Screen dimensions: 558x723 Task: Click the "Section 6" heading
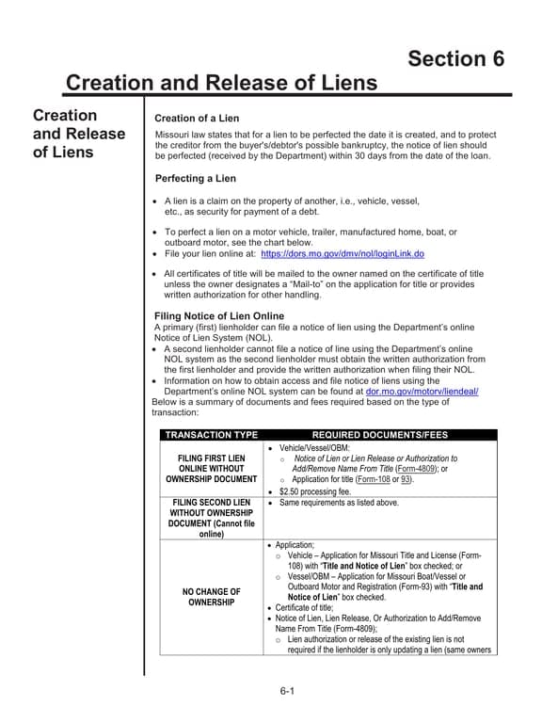click(x=455, y=58)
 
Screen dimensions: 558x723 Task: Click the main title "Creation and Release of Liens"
click(x=221, y=83)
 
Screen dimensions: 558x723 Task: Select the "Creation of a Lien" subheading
click(x=197, y=118)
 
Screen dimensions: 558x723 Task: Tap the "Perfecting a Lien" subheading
click(x=196, y=178)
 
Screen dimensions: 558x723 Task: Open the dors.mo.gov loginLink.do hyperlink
click(x=342, y=253)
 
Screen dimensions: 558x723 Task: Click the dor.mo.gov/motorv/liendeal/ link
click(x=422, y=391)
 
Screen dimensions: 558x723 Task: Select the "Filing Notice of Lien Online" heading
click(x=218, y=315)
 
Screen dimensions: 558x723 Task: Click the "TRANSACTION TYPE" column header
click(x=211, y=435)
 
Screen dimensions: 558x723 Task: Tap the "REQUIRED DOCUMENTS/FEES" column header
click(x=379, y=435)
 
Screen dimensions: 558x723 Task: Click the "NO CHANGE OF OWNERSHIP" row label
click(x=211, y=597)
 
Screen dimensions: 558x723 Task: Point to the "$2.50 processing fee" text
click(x=315, y=491)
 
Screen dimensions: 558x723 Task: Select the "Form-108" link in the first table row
click(x=370, y=479)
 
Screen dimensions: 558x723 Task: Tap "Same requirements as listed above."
click(x=339, y=503)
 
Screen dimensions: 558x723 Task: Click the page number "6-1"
click(x=287, y=692)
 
